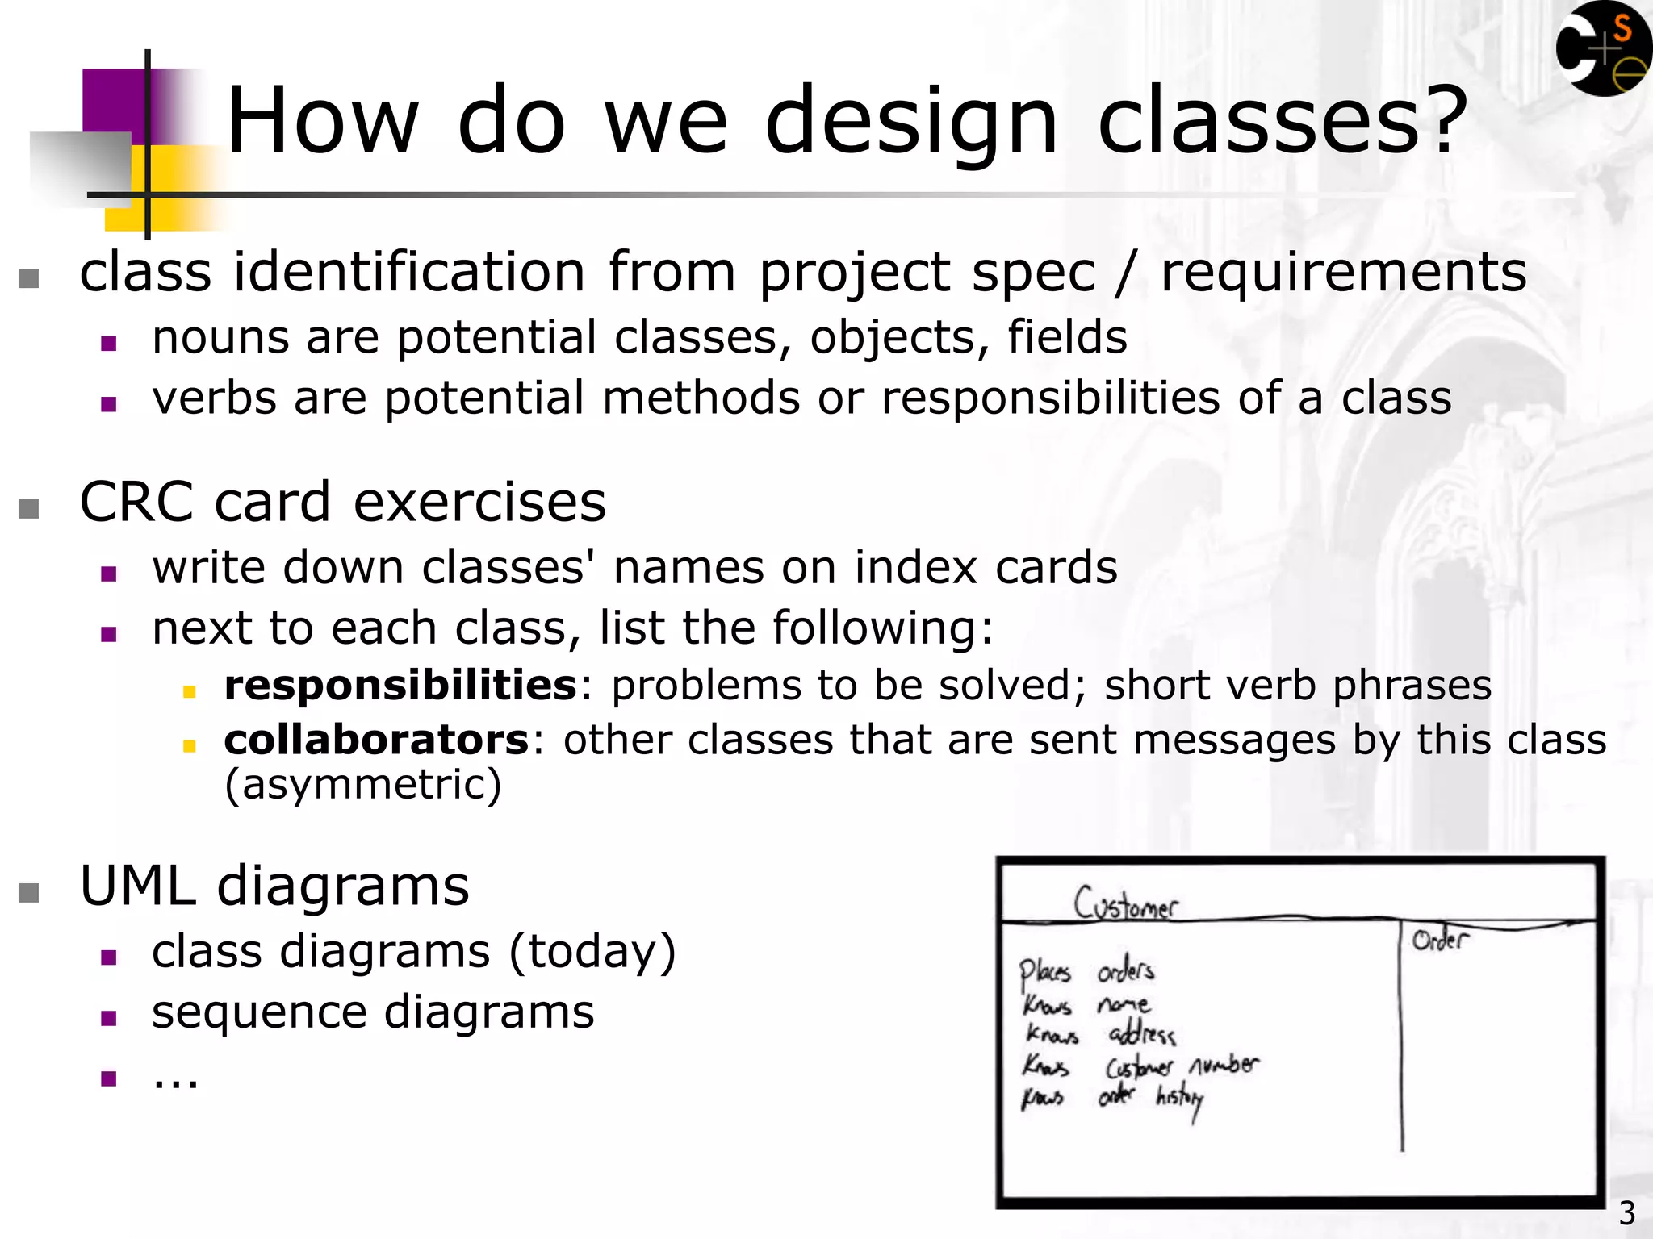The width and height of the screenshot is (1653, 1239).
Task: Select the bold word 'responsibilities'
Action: click(x=400, y=686)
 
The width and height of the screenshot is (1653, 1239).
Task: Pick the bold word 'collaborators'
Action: click(x=376, y=740)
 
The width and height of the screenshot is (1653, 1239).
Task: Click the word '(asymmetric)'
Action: click(x=363, y=784)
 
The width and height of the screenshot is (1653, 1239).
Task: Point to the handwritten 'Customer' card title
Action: click(x=1125, y=903)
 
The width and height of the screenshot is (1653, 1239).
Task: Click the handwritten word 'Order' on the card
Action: click(x=1440, y=939)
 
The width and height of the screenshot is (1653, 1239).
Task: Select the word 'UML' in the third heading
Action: click(x=137, y=886)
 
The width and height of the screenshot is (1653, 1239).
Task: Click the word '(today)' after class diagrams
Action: click(x=592, y=951)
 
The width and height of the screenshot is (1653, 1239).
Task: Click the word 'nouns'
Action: click(x=220, y=337)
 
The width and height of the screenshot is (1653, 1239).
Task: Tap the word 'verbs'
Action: click(x=214, y=398)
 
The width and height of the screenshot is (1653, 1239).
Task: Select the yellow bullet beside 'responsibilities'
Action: click(x=190, y=691)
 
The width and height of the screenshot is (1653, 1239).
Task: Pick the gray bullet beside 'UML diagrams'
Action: click(x=29, y=893)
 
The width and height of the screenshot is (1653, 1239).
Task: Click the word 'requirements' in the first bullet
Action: click(x=1343, y=272)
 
